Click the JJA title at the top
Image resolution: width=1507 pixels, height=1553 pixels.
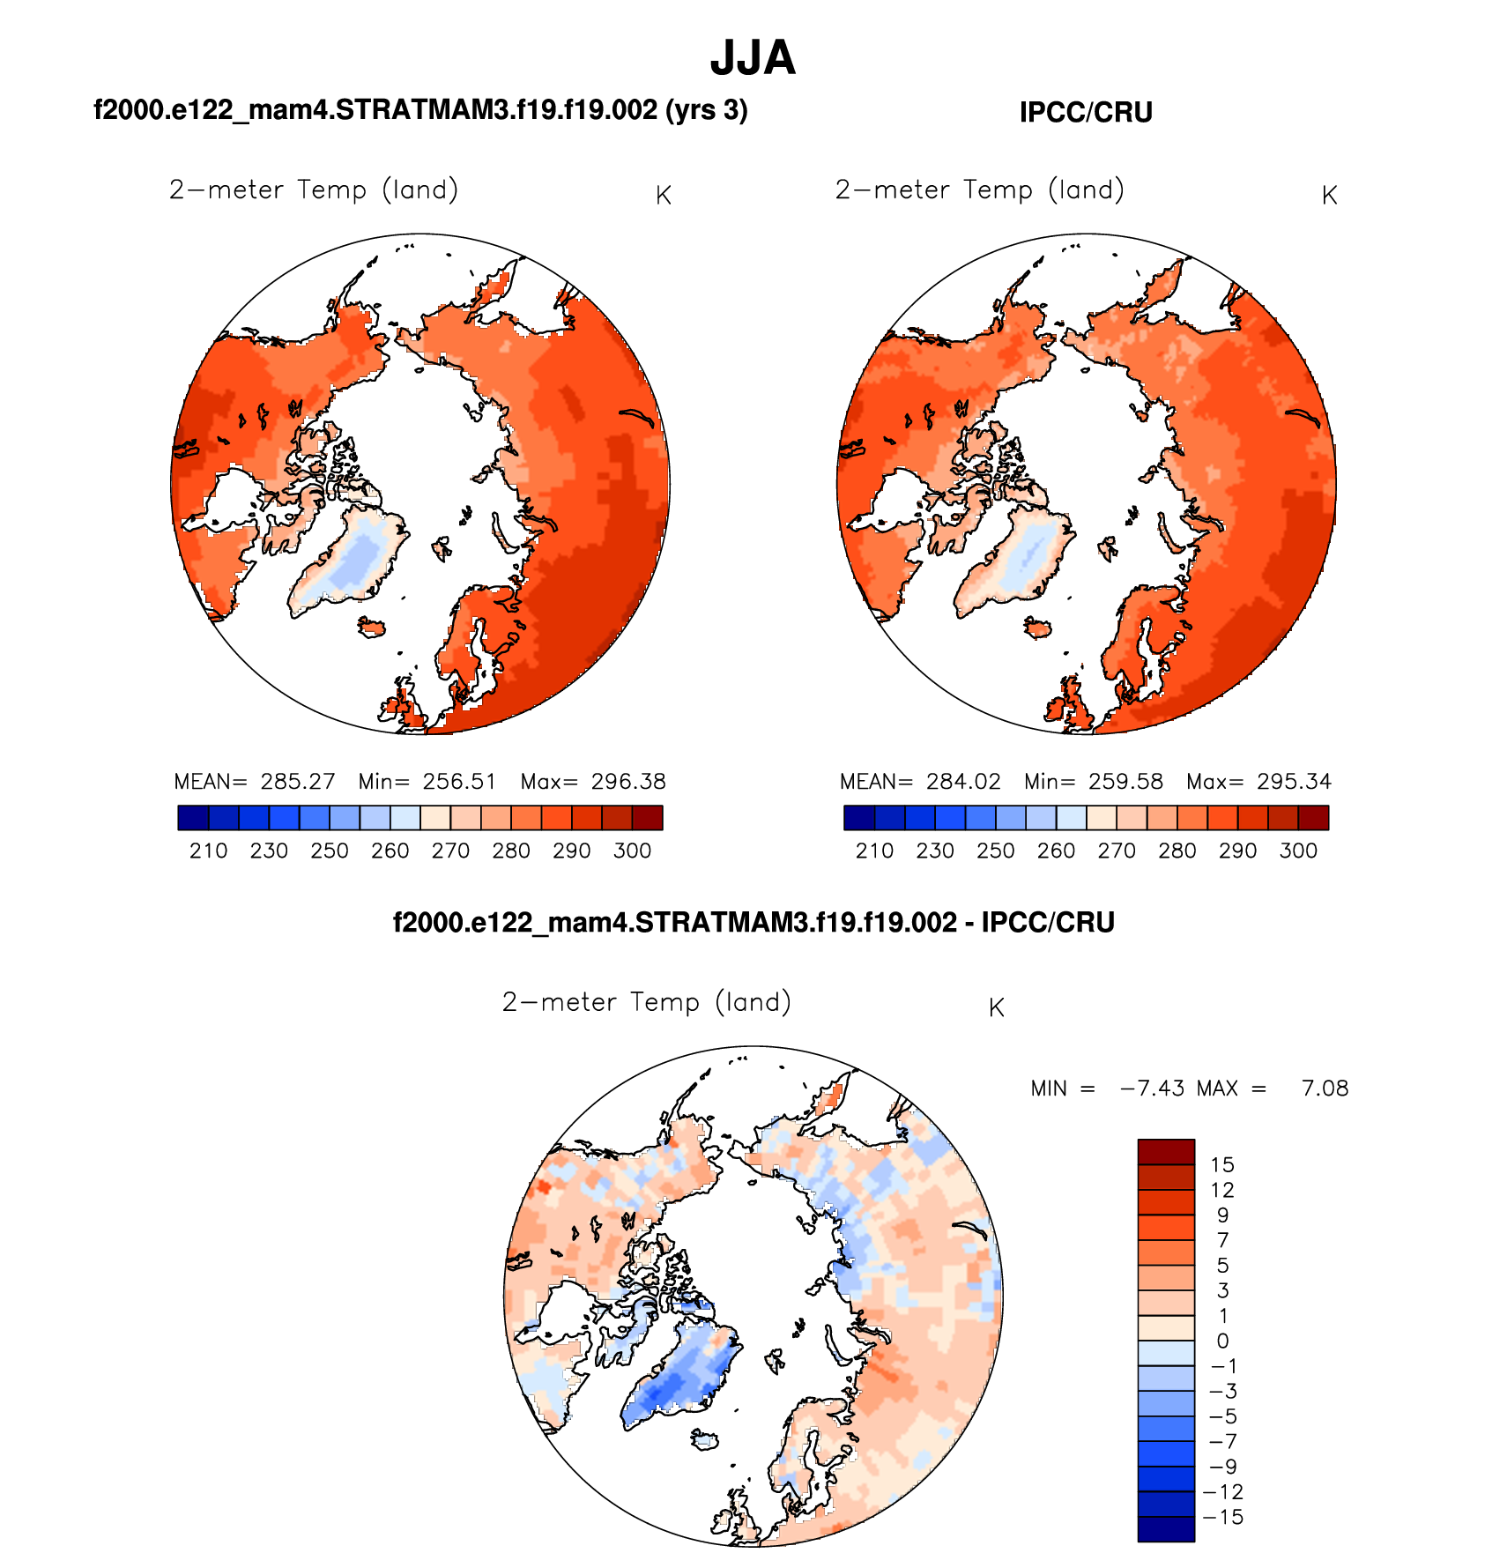pos(753,58)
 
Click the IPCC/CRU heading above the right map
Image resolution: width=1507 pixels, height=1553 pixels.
pos(1086,113)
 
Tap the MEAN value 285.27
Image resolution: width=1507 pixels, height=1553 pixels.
pos(298,782)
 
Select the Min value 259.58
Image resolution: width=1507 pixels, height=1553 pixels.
pos(1125,782)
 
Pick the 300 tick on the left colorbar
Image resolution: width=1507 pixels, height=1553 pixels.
pos(632,851)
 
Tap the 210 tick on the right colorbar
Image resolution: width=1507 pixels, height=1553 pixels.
pos(874,851)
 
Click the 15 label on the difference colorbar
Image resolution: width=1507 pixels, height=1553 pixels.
pos(1222,1164)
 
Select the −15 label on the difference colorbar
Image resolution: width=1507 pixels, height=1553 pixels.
pos(1222,1517)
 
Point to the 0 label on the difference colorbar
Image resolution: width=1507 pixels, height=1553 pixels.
pos(1222,1341)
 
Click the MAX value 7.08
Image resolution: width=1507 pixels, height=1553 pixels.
pos(1325,1089)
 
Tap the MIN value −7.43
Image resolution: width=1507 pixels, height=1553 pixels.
pos(1152,1089)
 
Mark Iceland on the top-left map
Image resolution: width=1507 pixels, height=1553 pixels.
pos(372,627)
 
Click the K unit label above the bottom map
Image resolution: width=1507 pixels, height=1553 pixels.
pos(997,1008)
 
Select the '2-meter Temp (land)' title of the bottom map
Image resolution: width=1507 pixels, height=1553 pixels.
pos(646,1002)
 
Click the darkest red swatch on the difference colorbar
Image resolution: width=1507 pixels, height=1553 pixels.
pos(1166,1151)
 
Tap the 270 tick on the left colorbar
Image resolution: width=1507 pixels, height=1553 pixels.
pos(450,851)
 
